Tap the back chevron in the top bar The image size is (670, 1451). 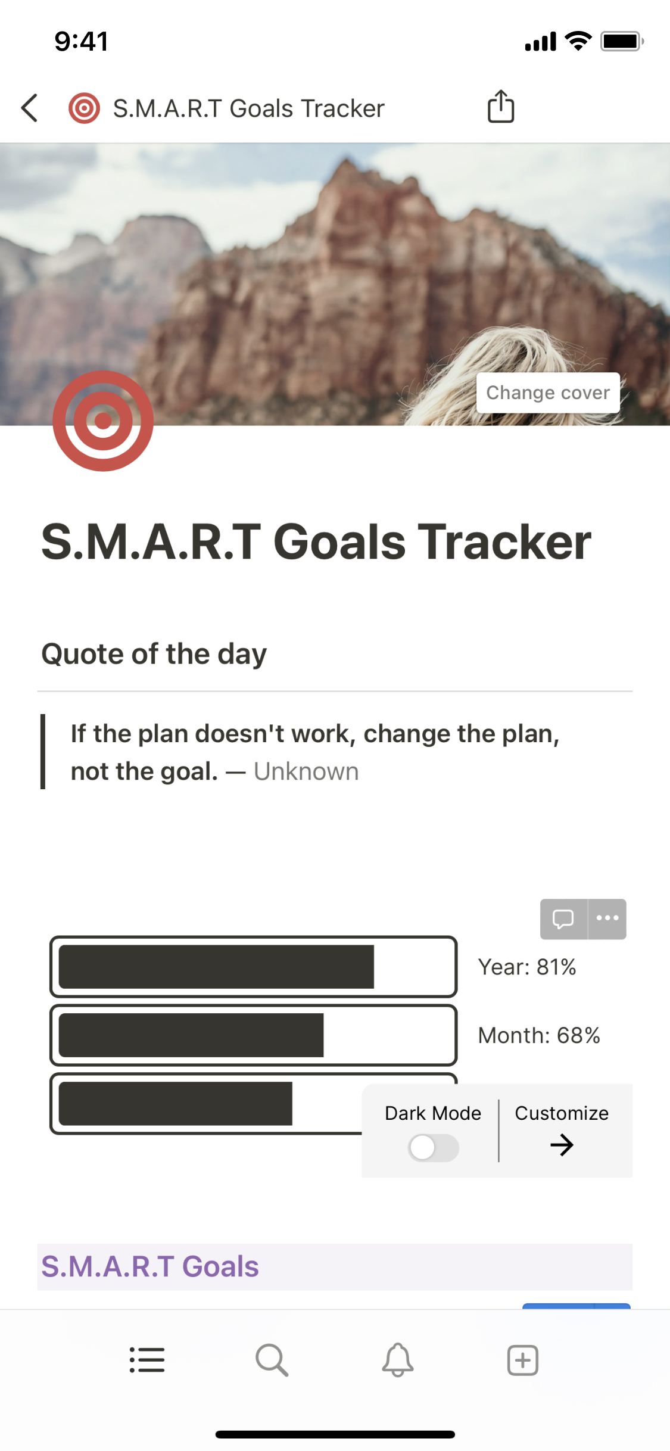29,108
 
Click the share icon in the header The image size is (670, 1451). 501,107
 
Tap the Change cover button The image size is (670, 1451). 548,393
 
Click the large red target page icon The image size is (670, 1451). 103,421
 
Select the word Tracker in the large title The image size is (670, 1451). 504,542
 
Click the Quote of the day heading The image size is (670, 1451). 154,654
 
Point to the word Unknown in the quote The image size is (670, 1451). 306,771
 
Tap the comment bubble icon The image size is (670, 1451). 563,918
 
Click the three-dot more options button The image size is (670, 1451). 607,918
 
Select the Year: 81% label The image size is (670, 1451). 527,967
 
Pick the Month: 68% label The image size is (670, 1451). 539,1035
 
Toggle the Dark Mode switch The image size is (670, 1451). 433,1147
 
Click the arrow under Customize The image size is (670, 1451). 562,1145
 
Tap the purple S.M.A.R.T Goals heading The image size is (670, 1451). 150,1266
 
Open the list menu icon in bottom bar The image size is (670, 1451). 147,1360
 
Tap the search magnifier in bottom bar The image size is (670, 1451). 272,1360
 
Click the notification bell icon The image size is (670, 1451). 398,1360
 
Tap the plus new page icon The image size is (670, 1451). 523,1360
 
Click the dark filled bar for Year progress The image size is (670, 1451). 216,967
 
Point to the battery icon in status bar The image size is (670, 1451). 622,41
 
